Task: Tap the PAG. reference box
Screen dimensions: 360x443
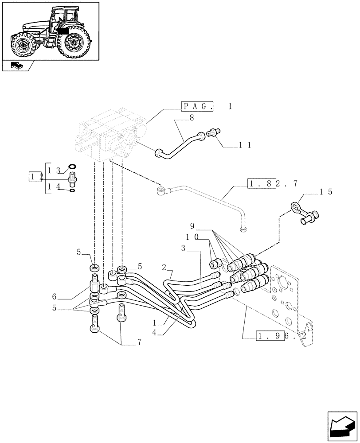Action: tap(198, 107)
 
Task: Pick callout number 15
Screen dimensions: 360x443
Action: tap(325, 192)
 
